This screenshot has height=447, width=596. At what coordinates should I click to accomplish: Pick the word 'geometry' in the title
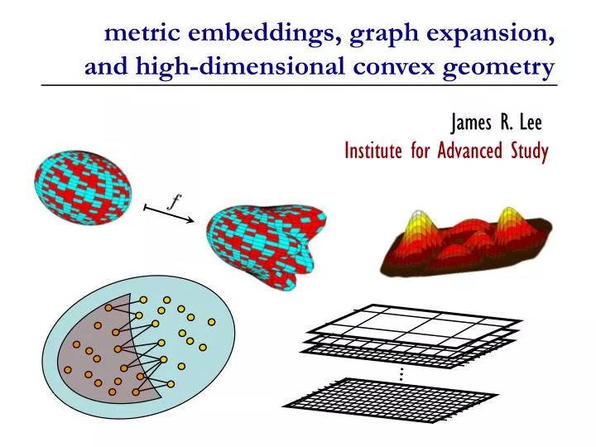pos(499,67)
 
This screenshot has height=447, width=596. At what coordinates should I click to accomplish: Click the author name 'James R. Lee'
pos(496,123)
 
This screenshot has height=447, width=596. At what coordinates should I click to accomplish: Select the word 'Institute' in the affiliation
pos(375,151)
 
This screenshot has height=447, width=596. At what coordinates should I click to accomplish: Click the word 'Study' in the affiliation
pos(526,151)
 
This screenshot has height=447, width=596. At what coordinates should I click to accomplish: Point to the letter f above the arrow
pos(175,201)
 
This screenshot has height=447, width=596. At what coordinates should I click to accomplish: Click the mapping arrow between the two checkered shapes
pos(169,214)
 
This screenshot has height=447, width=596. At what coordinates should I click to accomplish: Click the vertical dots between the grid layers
pos(401,374)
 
